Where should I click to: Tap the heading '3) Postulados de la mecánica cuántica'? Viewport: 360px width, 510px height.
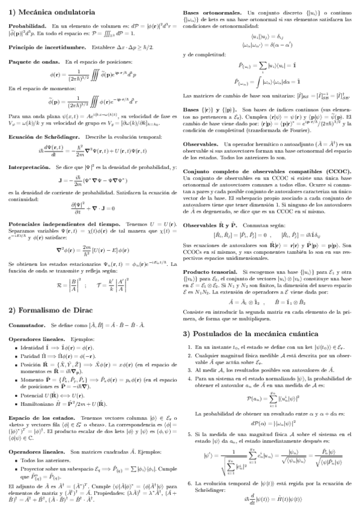pyautogui.click(x=247, y=334)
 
